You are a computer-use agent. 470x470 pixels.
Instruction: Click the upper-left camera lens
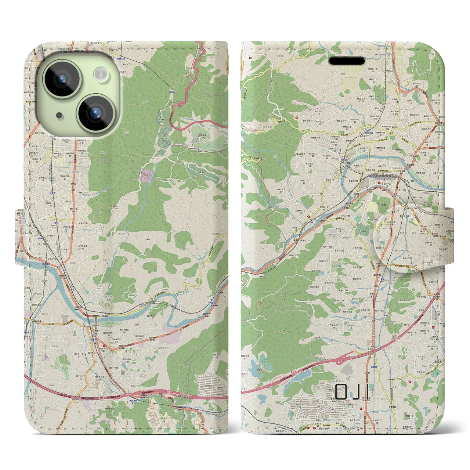(61, 79)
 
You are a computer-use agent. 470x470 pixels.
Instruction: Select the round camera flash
(100, 74)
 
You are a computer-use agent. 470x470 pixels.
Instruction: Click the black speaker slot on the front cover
(347, 61)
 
